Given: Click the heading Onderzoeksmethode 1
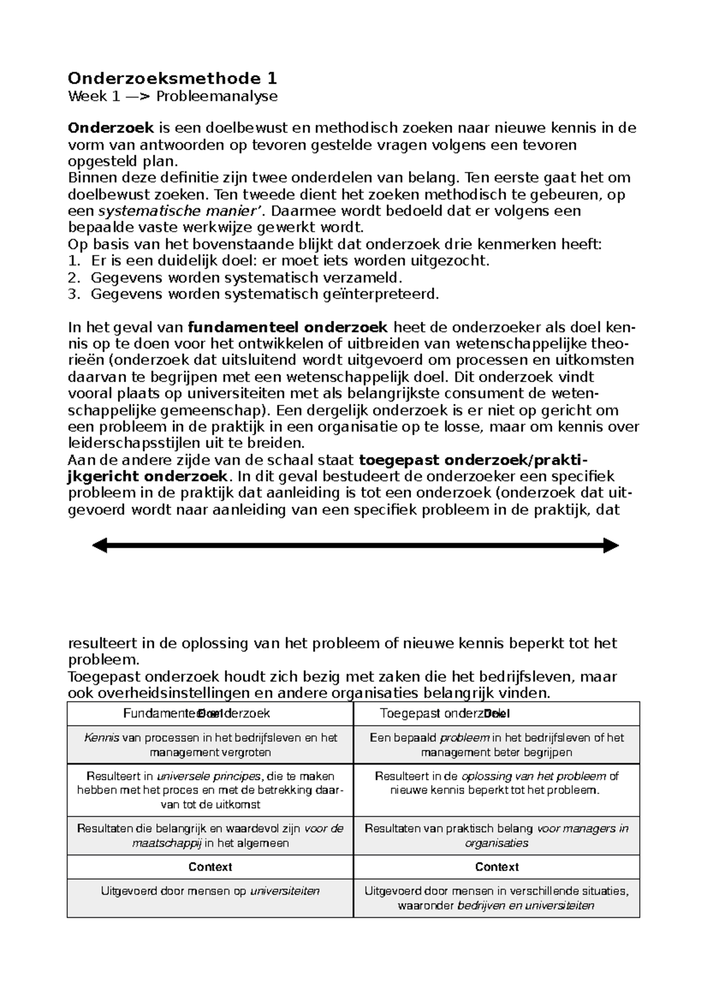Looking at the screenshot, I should [173, 78].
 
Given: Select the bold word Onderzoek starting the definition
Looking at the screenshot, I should [111, 128].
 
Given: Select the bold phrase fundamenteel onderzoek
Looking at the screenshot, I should [288, 327].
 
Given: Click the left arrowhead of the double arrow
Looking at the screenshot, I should [100, 546].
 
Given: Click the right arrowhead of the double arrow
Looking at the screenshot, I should [611, 546].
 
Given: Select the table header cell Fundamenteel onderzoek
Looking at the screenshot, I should [197, 713].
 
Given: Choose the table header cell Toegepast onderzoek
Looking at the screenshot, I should [442, 713].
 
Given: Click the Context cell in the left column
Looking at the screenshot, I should [210, 867].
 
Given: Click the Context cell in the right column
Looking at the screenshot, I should [497, 867].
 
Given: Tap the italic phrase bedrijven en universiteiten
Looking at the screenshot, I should [526, 905].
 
